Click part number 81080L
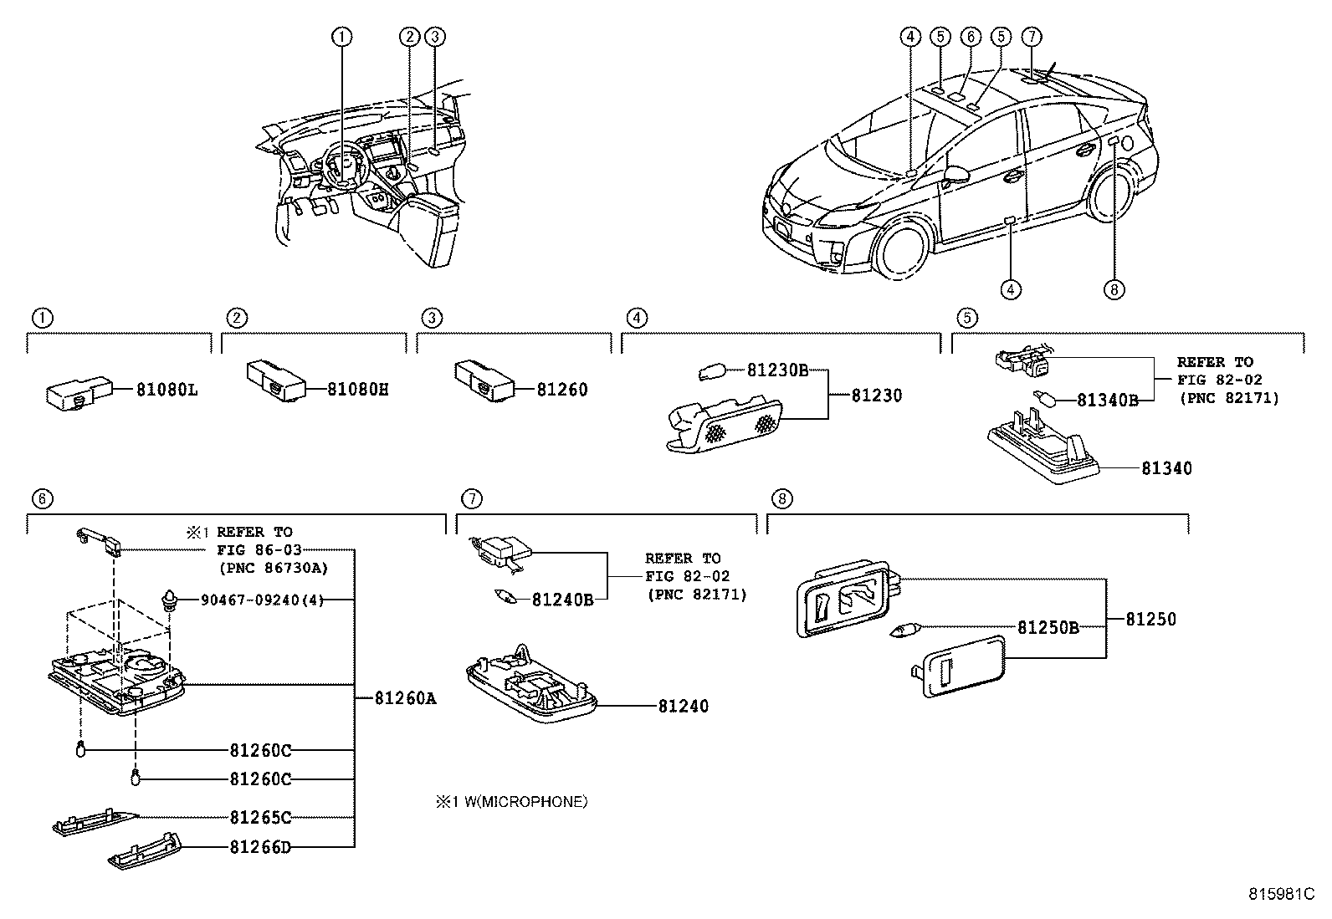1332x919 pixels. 167,390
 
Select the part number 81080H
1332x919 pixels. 357,390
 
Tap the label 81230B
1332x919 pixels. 777,370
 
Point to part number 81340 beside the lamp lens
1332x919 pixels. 1166,468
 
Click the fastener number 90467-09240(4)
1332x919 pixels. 262,600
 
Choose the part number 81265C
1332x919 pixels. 260,817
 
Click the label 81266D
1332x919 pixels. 260,847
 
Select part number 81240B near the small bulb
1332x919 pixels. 562,600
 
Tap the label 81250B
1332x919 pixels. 1048,627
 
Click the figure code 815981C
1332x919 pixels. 1282,894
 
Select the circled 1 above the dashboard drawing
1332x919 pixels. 341,36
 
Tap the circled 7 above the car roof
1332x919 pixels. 1032,36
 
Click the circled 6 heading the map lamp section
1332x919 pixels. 42,499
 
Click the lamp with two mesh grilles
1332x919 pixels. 725,426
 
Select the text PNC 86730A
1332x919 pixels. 273,568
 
